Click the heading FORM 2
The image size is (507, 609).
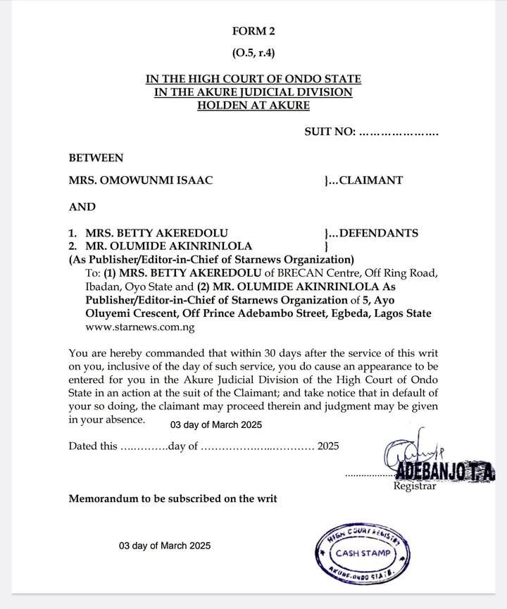point(253,31)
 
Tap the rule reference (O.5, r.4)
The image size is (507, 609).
point(253,53)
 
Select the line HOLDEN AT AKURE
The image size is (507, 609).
point(253,106)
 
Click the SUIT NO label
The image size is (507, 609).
point(330,132)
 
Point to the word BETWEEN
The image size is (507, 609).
point(96,158)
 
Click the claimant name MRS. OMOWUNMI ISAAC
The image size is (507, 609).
point(140,180)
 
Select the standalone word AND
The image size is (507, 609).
point(82,207)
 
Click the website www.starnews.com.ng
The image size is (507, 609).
point(139,327)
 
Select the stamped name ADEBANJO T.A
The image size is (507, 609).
point(435,470)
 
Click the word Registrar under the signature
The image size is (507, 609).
point(415,486)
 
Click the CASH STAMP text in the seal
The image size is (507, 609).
point(361,553)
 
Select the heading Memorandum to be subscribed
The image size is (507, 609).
point(173,498)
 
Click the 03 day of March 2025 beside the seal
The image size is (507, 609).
point(165,546)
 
